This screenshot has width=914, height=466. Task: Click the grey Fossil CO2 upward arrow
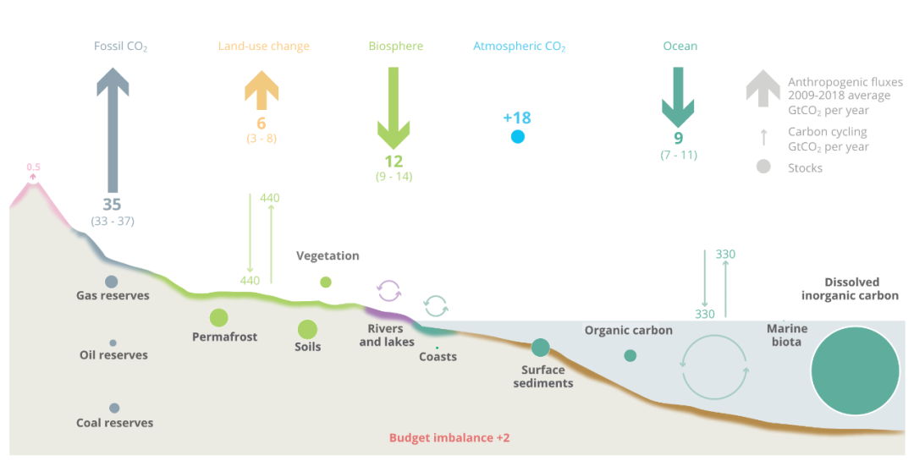point(113,129)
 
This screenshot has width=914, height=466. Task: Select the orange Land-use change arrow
point(262,90)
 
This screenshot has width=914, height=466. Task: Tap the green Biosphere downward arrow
point(394,107)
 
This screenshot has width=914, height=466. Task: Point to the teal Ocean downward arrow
point(678,97)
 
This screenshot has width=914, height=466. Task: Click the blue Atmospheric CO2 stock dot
point(518,137)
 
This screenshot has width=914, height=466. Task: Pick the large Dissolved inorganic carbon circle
point(855,371)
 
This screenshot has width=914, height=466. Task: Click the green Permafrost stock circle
point(218,318)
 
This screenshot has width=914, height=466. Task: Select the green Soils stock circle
point(307,330)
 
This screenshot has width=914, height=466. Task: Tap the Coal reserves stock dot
point(114,408)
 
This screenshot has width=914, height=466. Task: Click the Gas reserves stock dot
point(112,282)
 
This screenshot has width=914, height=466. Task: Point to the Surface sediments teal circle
point(540,347)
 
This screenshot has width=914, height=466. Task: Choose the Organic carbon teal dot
point(630,355)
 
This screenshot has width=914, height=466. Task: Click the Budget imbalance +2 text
point(449,438)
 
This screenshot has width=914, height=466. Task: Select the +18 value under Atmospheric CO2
point(517,118)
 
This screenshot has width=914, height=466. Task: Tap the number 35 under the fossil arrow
point(112,205)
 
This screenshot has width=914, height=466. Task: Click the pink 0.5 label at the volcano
point(33,167)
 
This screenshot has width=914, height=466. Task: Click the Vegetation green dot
point(326,282)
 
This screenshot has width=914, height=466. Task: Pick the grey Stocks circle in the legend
point(763,167)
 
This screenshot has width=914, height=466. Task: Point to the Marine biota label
point(787,336)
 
